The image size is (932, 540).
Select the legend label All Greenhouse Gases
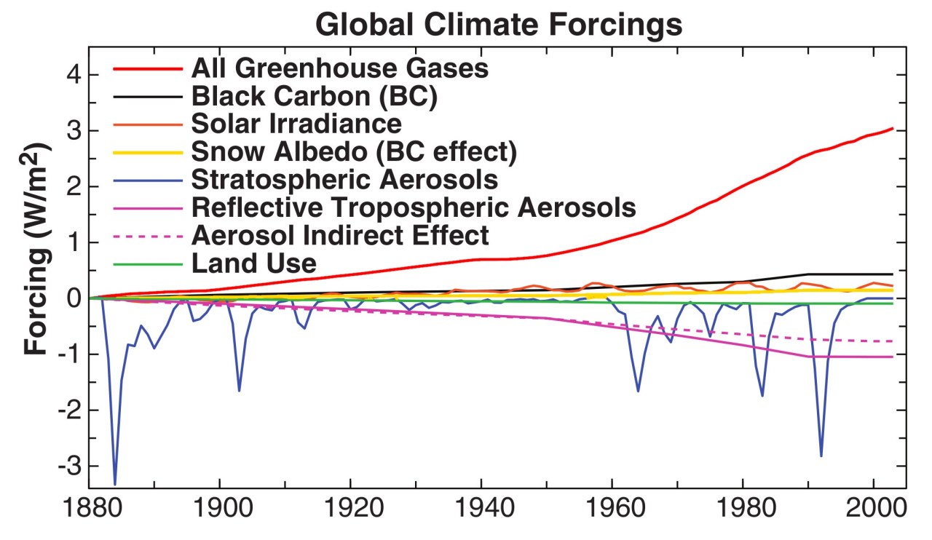coord(339,69)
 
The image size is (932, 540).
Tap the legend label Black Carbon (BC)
coord(314,96)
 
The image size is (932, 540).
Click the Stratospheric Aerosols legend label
coord(344,179)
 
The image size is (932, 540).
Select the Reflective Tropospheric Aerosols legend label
coord(414,207)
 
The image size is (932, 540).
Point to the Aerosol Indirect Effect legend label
coord(340,235)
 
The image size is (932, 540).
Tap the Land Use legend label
coord(253,263)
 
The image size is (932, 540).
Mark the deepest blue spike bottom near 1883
coord(114,483)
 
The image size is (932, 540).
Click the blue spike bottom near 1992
coord(821,456)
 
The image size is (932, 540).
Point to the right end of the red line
coord(893,129)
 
